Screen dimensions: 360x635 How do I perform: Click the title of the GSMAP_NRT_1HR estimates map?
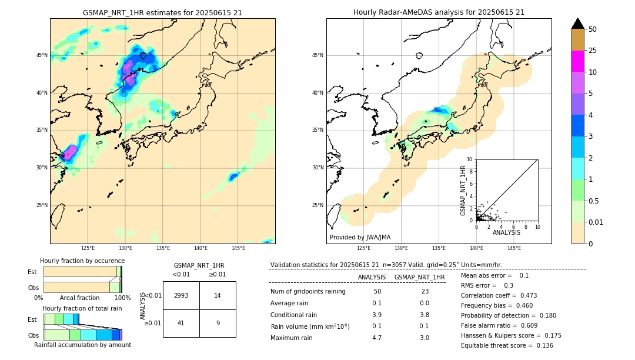click(x=162, y=12)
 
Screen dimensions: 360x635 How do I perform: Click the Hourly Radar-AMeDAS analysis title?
click(x=439, y=12)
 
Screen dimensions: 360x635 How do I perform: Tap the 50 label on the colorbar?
click(x=593, y=29)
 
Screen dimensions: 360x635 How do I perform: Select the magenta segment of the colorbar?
click(x=577, y=61)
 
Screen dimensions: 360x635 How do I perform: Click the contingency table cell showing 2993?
click(x=181, y=295)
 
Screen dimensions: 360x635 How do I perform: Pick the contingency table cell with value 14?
click(x=218, y=295)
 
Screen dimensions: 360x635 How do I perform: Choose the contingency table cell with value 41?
click(x=181, y=323)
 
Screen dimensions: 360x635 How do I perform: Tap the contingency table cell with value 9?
click(x=218, y=323)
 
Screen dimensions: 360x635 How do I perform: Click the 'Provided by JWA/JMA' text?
click(x=360, y=237)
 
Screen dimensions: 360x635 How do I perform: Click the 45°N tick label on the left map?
click(x=42, y=55)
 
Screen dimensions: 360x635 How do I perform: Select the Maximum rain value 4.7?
click(x=377, y=338)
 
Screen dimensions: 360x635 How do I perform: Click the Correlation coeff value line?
click(x=499, y=295)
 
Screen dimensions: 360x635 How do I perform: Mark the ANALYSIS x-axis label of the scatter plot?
click(x=506, y=232)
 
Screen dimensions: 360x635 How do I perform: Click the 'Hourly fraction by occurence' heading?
click(x=82, y=261)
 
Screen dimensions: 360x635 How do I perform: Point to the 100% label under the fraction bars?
click(x=122, y=298)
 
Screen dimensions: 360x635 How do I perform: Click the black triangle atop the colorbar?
click(x=577, y=24)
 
